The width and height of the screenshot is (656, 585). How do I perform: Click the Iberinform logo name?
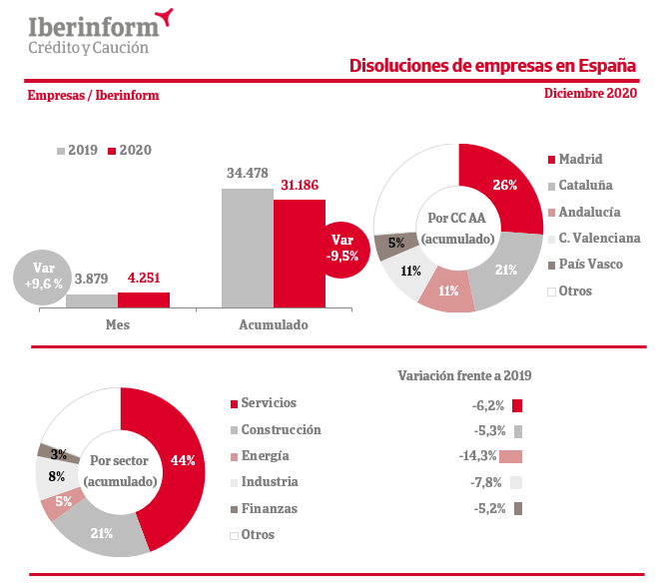pyautogui.click(x=93, y=24)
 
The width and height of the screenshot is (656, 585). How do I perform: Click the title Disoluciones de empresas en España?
pyautogui.click(x=492, y=66)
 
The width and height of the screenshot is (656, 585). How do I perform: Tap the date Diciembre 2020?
pyautogui.click(x=590, y=93)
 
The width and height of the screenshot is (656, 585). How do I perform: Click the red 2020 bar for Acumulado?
pyautogui.click(x=299, y=255)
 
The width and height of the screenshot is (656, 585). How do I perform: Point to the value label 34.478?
pyautogui.click(x=248, y=174)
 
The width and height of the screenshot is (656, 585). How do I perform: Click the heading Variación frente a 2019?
pyautogui.click(x=465, y=375)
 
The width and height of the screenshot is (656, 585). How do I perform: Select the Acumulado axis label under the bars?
pyautogui.click(x=273, y=325)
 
